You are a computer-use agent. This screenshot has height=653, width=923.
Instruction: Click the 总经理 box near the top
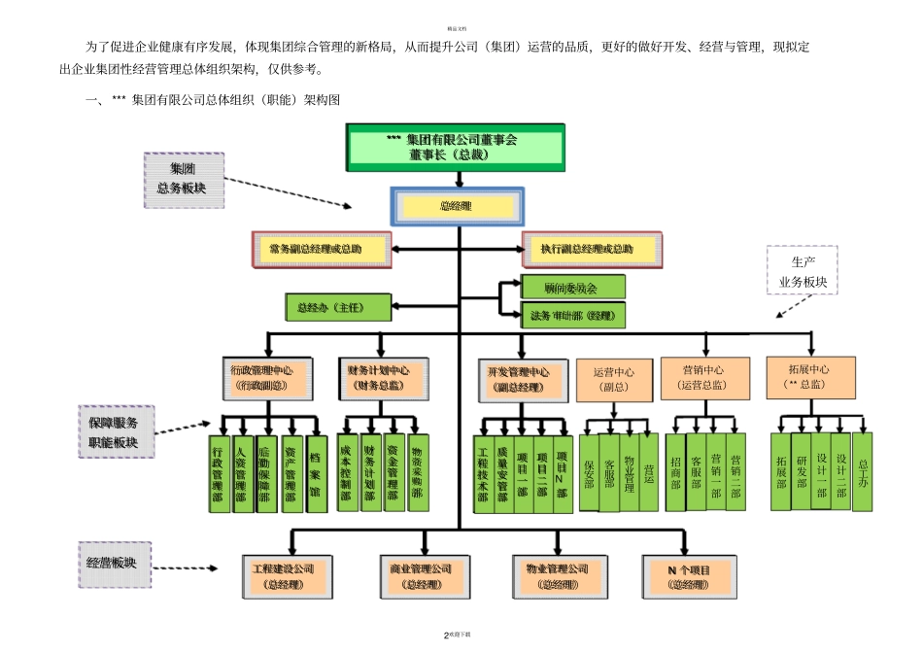[x=457, y=207]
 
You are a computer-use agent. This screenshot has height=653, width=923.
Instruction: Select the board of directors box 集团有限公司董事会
[x=456, y=147]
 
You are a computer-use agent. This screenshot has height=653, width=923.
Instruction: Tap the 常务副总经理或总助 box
[x=322, y=250]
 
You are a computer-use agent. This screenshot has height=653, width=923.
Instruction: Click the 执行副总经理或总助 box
[x=592, y=250]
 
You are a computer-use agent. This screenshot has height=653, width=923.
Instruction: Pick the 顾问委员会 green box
[x=572, y=288]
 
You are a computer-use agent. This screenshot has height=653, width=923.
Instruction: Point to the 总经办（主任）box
[x=338, y=307]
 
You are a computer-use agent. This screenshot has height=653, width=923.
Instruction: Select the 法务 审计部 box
[x=572, y=315]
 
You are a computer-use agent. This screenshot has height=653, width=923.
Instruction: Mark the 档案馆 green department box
[x=315, y=473]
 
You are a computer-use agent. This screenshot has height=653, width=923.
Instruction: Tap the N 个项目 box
[x=690, y=575]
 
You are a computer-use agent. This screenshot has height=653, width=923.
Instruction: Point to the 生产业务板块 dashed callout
[x=802, y=273]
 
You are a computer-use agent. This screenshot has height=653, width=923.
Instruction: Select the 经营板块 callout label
[x=114, y=564]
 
